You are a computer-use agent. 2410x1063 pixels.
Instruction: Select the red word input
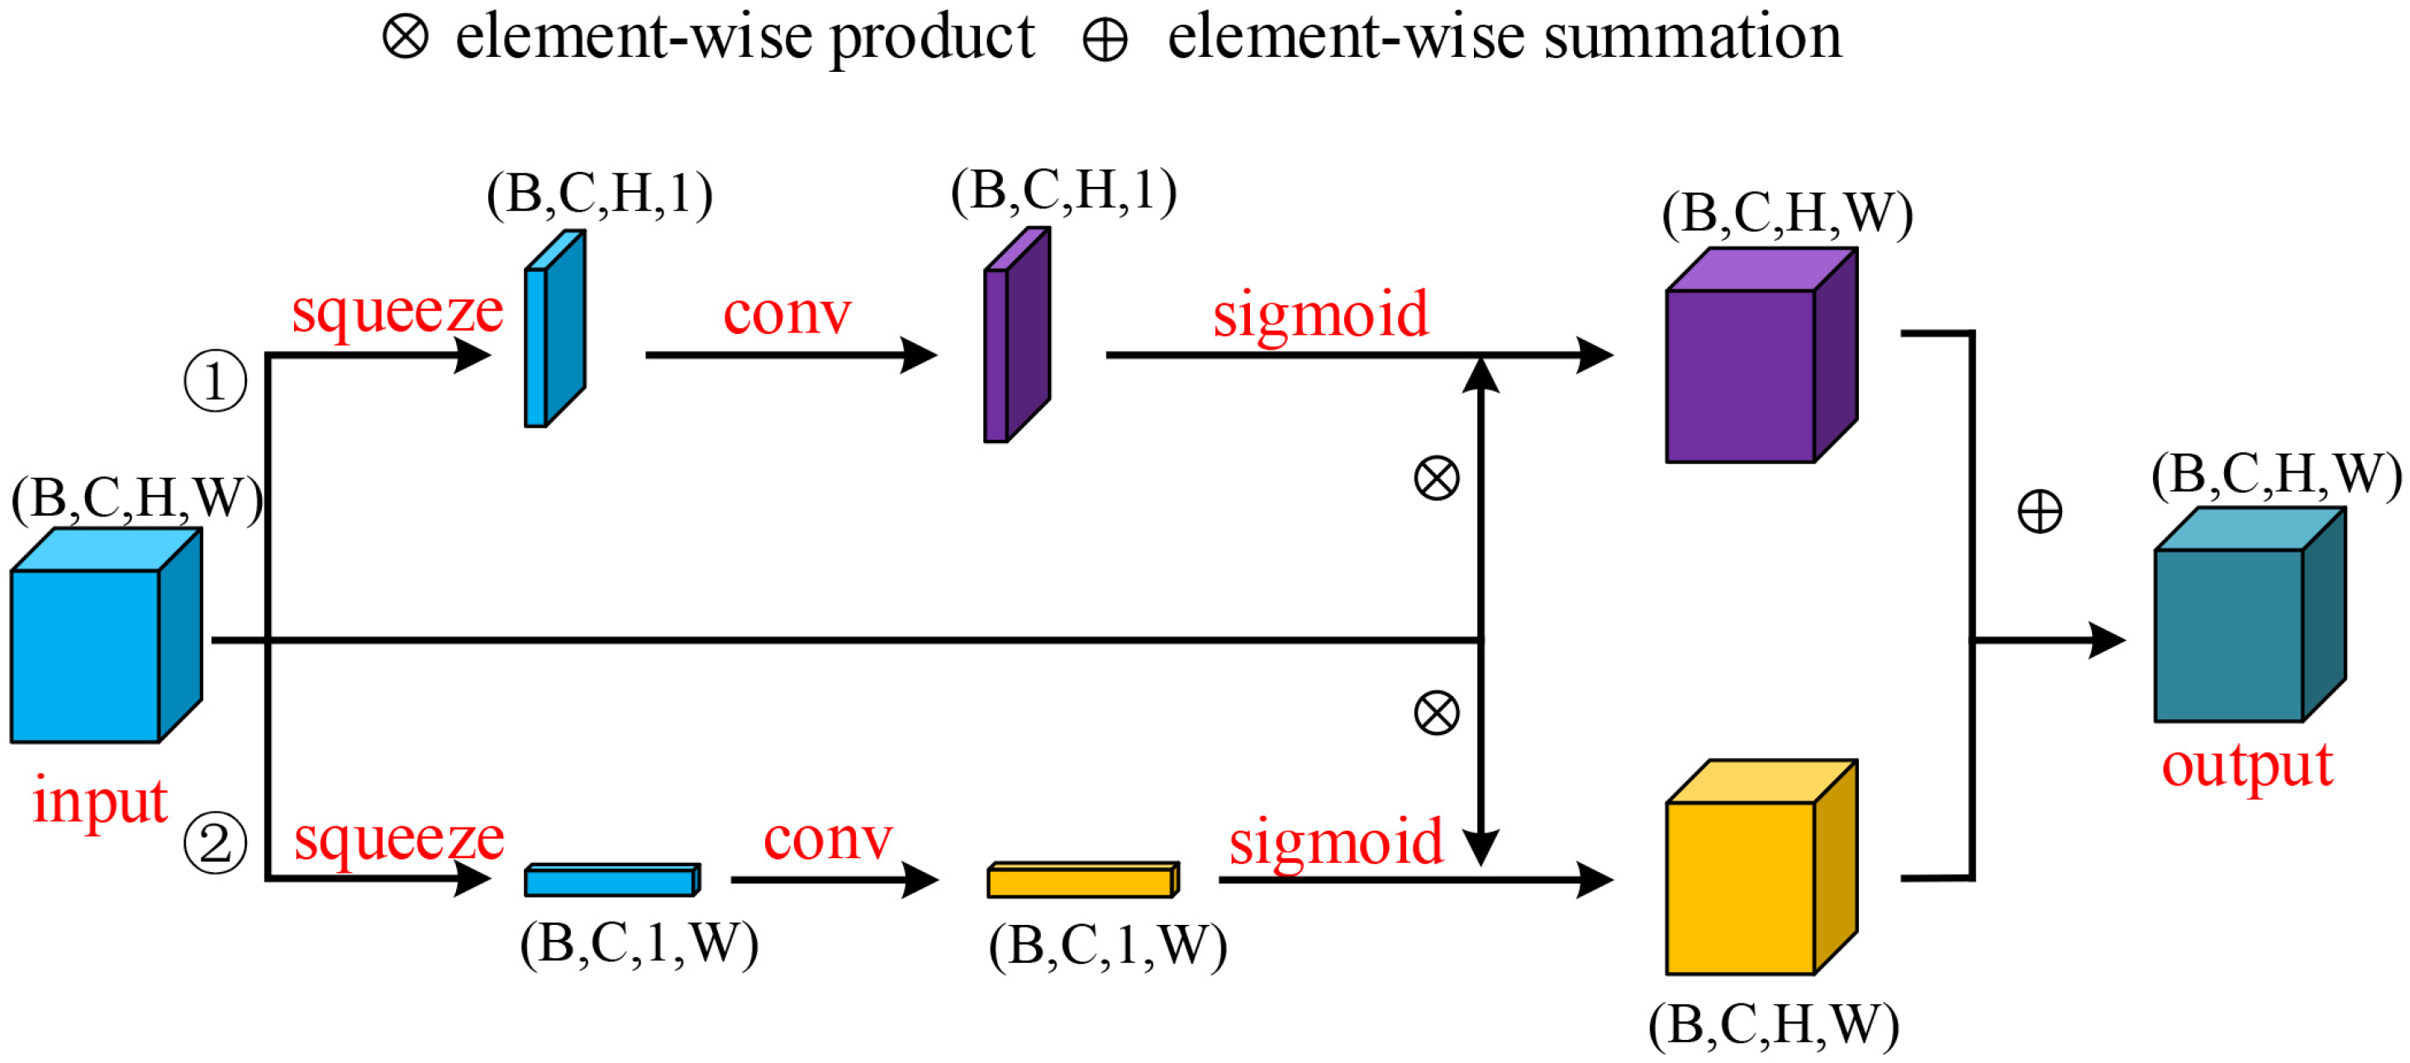[x=99, y=801]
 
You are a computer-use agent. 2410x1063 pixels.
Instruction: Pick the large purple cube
[x=1750, y=365]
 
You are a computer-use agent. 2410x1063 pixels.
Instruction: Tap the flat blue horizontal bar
[x=610, y=880]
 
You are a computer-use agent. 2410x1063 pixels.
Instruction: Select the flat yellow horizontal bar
[x=1081, y=880]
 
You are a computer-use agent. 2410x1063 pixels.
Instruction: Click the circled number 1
[x=215, y=381]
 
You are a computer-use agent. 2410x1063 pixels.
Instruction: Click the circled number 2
[x=215, y=843]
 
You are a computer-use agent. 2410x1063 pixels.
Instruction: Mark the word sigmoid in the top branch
[x=1320, y=314]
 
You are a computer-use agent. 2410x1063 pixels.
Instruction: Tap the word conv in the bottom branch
[x=828, y=838]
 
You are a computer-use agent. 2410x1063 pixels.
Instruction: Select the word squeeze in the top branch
[x=397, y=311]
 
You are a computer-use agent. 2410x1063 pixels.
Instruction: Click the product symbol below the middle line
[x=1436, y=713]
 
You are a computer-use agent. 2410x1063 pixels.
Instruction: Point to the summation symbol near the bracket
[x=2040, y=512]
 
